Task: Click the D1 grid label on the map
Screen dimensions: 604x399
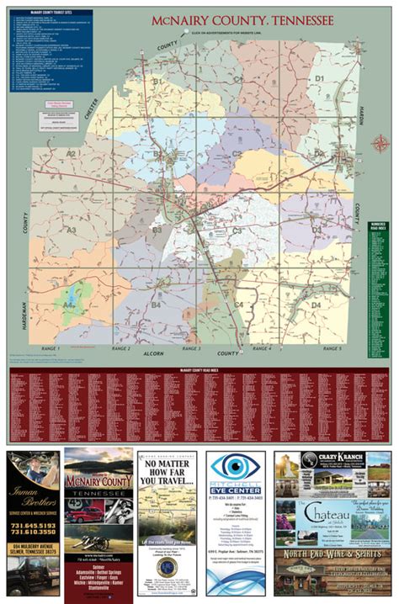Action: point(319,77)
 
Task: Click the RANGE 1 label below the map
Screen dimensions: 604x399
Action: point(51,347)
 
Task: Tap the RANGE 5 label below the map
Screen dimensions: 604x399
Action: point(330,347)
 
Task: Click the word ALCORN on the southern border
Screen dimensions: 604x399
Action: point(152,353)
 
